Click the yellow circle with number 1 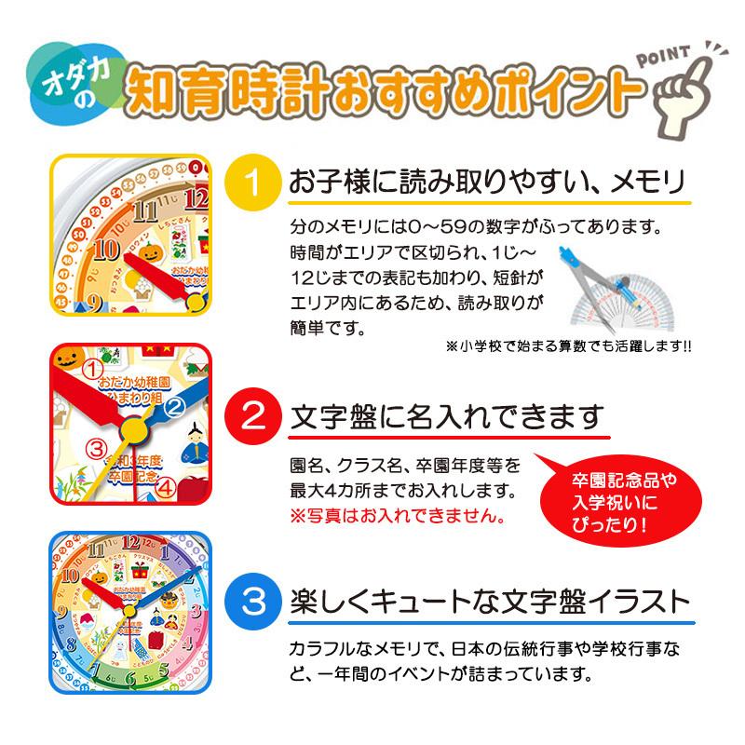point(256,179)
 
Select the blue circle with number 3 point(256,598)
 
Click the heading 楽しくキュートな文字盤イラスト point(491,598)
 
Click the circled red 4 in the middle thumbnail point(164,485)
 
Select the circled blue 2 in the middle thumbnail point(173,405)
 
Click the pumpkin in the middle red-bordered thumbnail point(69,359)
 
